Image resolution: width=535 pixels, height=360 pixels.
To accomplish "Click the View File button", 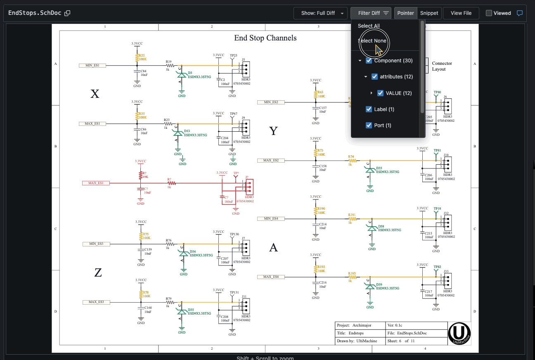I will (461, 13).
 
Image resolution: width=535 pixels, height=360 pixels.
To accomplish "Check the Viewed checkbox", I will (489, 13).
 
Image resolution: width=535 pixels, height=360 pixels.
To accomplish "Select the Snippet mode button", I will (429, 13).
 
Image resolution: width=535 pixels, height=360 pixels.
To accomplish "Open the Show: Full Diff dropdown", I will (320, 13).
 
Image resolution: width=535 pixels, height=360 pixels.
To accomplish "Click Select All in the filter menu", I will (369, 26).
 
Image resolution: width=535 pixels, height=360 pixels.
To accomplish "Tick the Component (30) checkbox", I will (369, 61).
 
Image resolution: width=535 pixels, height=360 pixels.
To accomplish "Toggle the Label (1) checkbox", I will (369, 109).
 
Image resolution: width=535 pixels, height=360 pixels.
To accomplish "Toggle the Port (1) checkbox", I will (369, 126).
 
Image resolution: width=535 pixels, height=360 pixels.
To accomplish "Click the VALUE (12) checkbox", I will (381, 93).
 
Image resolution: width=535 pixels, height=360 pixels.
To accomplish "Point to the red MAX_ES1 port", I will (96, 182).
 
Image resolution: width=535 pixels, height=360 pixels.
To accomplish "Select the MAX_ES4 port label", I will (271, 277).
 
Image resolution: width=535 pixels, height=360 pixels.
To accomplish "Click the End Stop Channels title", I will (265, 38).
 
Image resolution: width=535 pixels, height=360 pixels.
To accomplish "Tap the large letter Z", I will (98, 272).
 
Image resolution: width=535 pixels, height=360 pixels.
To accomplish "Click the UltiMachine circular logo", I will (459, 333).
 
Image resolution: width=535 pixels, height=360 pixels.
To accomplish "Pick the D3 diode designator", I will (190, 73).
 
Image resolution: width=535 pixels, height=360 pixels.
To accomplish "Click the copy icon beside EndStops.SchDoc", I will (67, 13).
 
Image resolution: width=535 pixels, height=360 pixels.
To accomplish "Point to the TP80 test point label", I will (437, 92).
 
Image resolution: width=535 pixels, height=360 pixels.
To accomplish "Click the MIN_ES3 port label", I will (96, 244).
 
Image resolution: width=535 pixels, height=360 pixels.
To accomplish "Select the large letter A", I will (273, 248).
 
